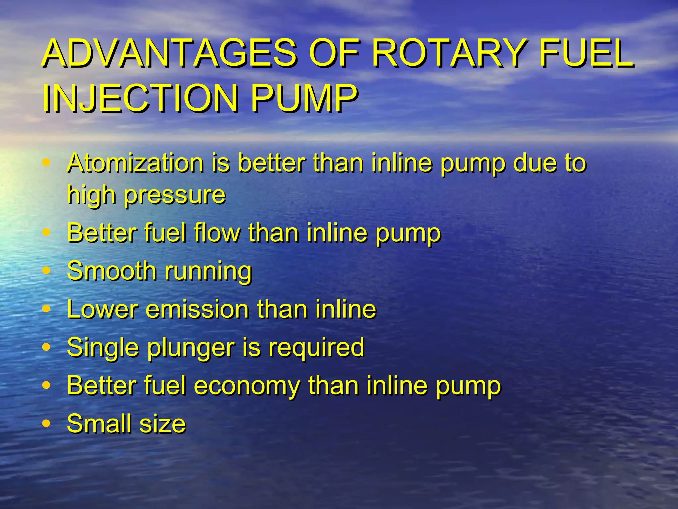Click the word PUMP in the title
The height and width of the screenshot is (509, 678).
pos(304,98)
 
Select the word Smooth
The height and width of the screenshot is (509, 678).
pos(111,271)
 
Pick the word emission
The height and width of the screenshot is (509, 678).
pos(197,309)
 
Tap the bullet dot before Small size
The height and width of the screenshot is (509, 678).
pos(47,424)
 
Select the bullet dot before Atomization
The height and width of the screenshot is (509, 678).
pos(47,163)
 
